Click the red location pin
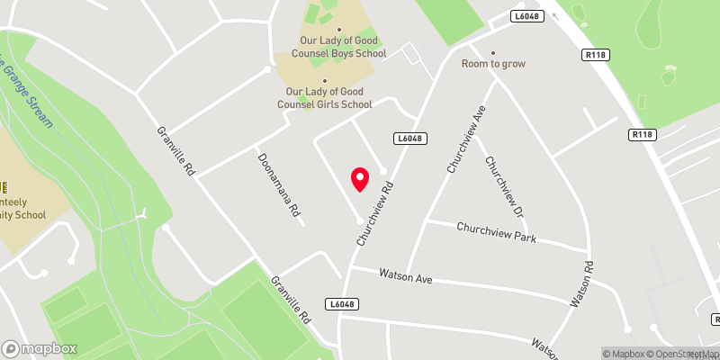pyautogui.click(x=359, y=179)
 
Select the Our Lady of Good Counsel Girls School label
pyautogui.click(x=328, y=98)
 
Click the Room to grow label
pyautogui.click(x=493, y=64)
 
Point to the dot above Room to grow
pyautogui.click(x=493, y=52)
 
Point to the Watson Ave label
pyautogui.click(x=405, y=274)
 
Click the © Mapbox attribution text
pyautogui.click(x=625, y=354)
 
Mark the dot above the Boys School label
pyautogui.click(x=324, y=27)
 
